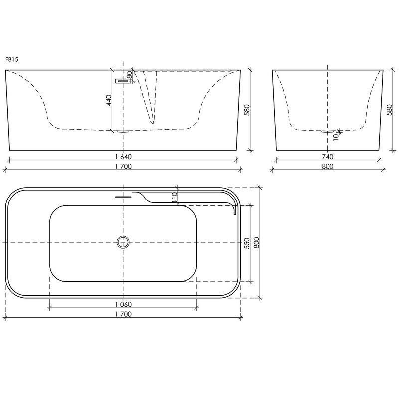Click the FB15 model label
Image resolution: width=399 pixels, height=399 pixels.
coord(12,60)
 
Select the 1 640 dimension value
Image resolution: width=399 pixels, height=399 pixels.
coord(123,157)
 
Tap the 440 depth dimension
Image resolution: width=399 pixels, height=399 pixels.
coord(109,100)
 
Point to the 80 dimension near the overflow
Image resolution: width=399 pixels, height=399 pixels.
coord(129,75)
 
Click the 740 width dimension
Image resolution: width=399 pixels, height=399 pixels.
coord(328,157)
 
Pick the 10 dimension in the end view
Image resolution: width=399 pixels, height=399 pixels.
coord(336,137)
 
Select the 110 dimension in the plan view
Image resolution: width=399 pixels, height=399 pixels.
coord(174,198)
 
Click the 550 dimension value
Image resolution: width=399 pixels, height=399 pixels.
coord(247,243)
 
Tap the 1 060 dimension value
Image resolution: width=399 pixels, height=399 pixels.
coord(123,304)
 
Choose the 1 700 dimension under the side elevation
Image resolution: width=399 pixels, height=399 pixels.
coord(123,166)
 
